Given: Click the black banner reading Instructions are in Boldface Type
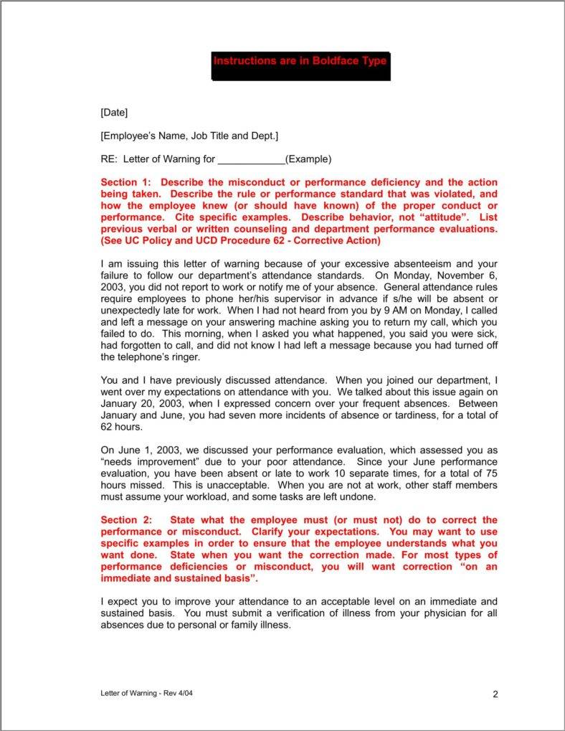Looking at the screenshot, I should [300, 61].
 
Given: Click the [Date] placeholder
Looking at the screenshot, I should [114, 112].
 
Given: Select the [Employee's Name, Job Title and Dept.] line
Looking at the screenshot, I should [189, 136].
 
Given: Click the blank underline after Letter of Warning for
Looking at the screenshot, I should [251, 159].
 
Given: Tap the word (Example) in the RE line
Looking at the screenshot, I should [308, 159].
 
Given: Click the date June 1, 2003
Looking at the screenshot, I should [144, 450].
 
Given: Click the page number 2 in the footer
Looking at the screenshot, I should [495, 694].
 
